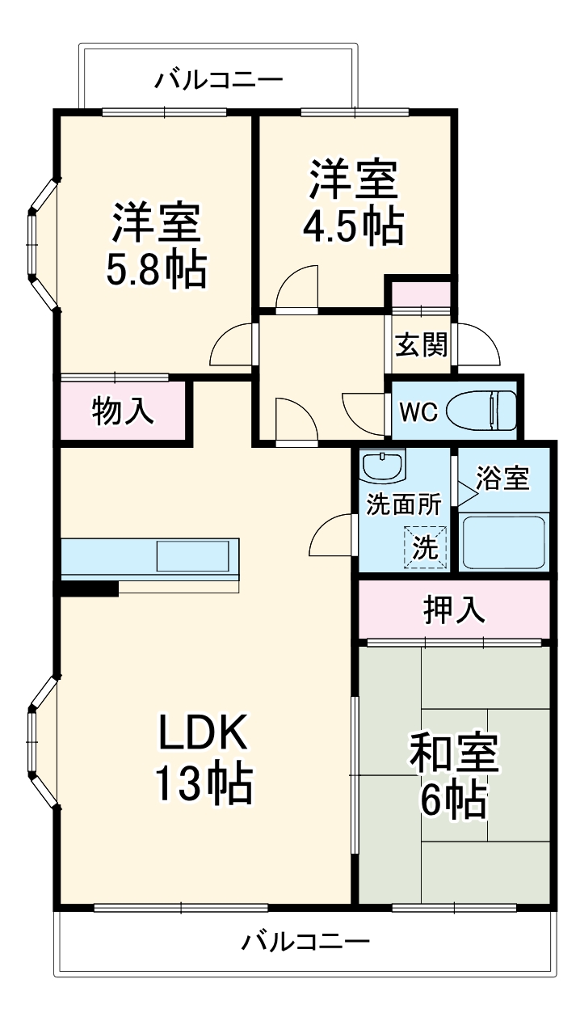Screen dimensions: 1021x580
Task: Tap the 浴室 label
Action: coord(502,479)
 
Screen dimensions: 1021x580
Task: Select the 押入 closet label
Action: coord(454,610)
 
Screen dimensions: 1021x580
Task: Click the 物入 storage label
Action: coord(123,411)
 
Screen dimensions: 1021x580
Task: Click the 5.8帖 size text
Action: coord(157,271)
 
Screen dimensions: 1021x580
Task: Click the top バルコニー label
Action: coord(219,80)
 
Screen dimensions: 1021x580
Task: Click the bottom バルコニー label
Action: coord(306,942)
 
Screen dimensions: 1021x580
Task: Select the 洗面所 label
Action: coord(403,504)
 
